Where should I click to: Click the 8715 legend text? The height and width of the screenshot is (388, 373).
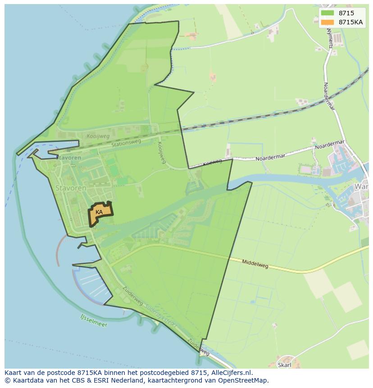(x=346, y=14)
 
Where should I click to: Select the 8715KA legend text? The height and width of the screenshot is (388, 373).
(x=351, y=22)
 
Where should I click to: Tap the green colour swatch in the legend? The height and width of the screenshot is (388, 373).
(x=328, y=14)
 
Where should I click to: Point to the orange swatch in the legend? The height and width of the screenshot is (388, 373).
(x=328, y=22)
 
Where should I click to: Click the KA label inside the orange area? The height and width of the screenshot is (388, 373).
(x=99, y=212)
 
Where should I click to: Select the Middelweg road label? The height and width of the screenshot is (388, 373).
(x=255, y=264)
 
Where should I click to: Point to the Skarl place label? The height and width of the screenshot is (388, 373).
(x=285, y=365)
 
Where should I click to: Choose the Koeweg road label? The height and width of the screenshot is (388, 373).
(x=212, y=162)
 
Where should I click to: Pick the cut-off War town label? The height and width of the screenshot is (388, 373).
(x=362, y=187)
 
